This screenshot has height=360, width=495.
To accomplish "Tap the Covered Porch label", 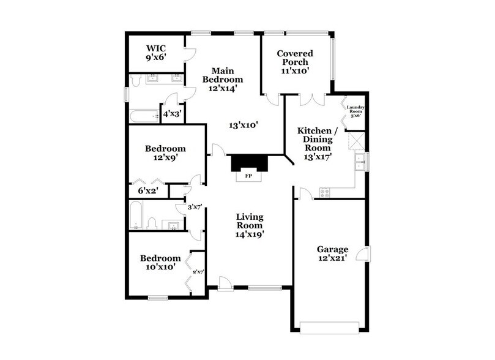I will click(294, 62).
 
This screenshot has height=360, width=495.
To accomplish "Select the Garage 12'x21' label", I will click(332, 254).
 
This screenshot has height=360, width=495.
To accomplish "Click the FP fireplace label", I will click(248, 175).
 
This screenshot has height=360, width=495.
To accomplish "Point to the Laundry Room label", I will click(356, 111).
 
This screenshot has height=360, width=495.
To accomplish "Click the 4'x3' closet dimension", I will click(171, 114).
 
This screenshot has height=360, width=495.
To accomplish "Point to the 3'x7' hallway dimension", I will click(195, 206).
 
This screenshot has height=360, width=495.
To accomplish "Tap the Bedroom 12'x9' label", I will click(165, 153).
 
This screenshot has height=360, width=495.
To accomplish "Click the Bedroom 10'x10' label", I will click(160, 263).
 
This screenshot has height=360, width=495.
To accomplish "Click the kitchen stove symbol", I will click(325, 192).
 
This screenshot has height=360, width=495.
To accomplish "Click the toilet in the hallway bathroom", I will click(153, 223).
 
